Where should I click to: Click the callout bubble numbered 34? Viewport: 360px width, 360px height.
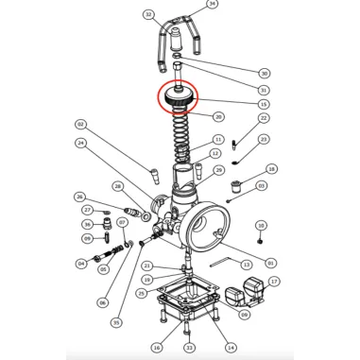coord(212,5)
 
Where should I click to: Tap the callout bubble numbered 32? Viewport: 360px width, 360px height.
coord(148,15)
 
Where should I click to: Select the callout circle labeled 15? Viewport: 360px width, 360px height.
coord(264,103)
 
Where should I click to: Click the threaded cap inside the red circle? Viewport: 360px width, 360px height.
coord(179,95)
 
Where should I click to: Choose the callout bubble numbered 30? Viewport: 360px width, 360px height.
coord(264,74)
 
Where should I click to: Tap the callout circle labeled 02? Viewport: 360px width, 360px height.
coord(80,125)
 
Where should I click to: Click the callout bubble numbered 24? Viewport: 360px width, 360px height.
coord(82,144)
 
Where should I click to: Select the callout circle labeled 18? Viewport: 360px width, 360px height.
coord(272,170)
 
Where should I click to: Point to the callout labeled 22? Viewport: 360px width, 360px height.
coord(264,119)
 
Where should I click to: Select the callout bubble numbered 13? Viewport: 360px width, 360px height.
coord(247,266)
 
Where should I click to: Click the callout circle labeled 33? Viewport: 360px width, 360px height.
coord(189,348)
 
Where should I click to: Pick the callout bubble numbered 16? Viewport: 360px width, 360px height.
coord(155,348)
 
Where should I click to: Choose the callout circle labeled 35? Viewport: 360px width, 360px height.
coord(116,322)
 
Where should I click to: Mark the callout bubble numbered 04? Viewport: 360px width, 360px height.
coord(81,264)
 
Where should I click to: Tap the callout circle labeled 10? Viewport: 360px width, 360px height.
coord(261,226)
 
